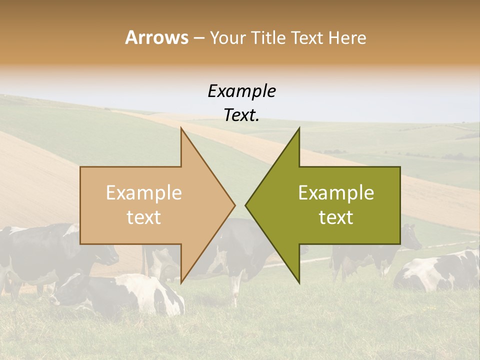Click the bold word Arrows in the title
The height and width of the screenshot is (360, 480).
pos(156,37)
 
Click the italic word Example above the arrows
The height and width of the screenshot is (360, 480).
pos(241,91)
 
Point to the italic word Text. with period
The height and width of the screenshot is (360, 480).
pos(241,115)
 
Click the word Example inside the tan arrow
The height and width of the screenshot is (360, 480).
pos(143,193)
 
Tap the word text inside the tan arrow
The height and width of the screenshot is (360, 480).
pos(143,217)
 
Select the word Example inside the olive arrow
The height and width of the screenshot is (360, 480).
pos(336,193)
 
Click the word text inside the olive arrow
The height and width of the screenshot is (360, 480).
pos(336,217)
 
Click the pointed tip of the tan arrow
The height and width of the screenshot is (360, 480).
pos(234,205)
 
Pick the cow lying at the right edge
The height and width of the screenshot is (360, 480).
pos(440,272)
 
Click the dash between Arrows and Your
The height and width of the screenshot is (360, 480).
pos(198,38)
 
